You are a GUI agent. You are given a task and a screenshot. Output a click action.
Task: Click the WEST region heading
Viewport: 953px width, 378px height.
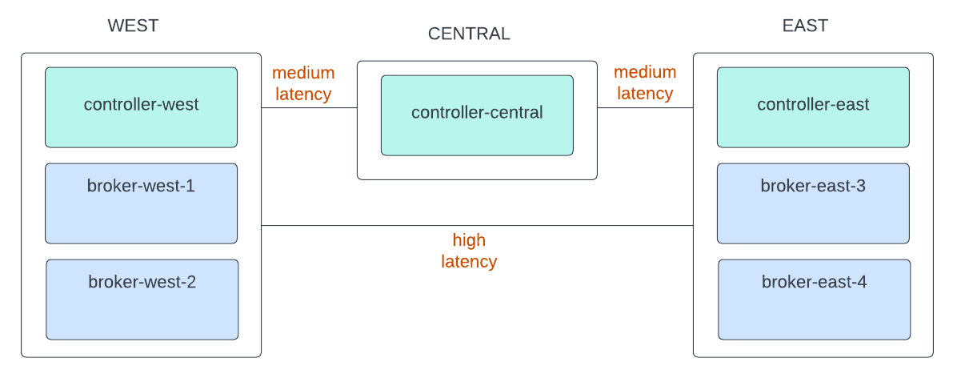click(x=133, y=26)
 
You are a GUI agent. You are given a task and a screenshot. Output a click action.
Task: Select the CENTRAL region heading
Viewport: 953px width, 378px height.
click(x=469, y=34)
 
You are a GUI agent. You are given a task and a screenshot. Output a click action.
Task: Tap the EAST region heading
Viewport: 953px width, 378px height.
click(x=805, y=26)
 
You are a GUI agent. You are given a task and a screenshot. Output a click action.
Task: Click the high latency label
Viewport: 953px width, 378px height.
click(x=469, y=251)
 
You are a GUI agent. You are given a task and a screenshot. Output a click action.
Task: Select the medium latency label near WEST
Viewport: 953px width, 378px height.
click(x=303, y=83)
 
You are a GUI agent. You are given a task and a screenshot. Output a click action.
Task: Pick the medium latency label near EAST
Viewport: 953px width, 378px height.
click(x=645, y=83)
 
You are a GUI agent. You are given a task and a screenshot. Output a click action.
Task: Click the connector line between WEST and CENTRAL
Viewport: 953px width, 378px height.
click(x=309, y=107)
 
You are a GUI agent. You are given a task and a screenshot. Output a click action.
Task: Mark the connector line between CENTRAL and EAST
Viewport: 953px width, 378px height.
click(x=645, y=107)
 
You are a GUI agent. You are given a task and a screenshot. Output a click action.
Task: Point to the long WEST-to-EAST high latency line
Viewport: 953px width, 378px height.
click(x=360, y=226)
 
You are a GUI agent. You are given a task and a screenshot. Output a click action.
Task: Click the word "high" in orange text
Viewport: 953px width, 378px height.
click(x=469, y=240)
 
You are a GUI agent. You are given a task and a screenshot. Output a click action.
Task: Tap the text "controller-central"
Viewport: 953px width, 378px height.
click(x=477, y=113)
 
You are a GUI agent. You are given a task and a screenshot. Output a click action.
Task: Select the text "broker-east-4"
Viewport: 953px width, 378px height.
click(x=814, y=282)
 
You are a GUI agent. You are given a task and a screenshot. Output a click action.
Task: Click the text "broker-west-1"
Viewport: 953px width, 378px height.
click(x=141, y=186)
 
